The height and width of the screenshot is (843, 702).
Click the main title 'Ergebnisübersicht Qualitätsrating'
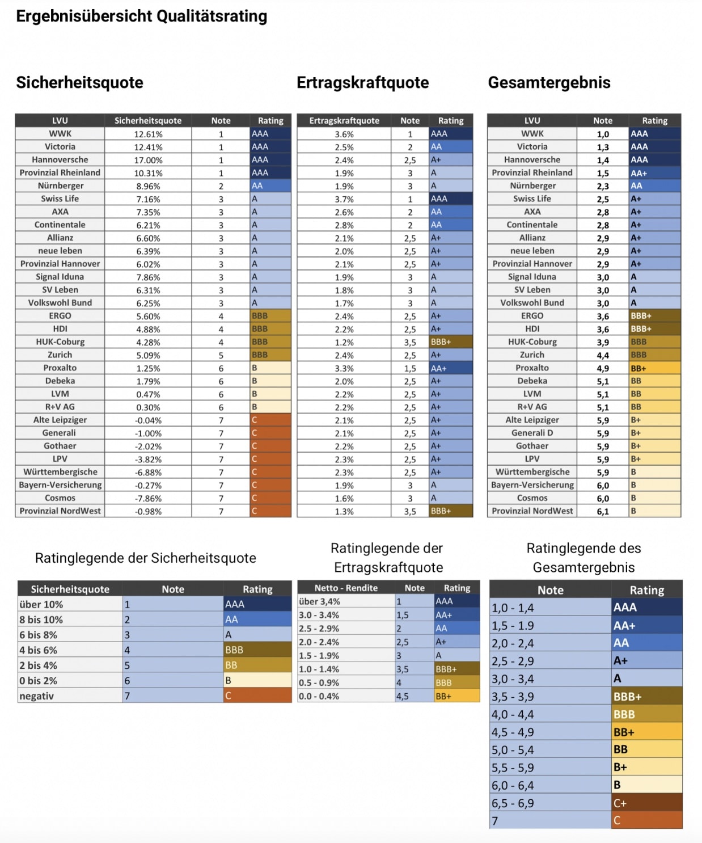click(x=141, y=16)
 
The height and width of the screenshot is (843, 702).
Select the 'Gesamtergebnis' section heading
click(x=548, y=83)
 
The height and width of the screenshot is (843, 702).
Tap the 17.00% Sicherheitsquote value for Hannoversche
click(x=148, y=161)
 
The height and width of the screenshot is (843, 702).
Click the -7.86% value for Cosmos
click(x=148, y=499)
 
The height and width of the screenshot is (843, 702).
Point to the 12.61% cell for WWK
click(x=148, y=134)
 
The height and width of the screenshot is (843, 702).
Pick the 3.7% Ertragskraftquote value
click(x=344, y=199)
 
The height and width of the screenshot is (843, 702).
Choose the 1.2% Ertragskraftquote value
click(x=344, y=343)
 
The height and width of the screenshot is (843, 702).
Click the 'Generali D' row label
click(x=531, y=433)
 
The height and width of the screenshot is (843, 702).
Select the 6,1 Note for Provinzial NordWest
click(x=602, y=511)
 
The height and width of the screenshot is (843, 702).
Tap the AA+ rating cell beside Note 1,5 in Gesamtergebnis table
click(x=654, y=173)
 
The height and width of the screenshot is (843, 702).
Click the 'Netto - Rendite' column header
click(x=346, y=588)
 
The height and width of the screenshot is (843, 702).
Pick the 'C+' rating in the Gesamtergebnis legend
click(x=646, y=803)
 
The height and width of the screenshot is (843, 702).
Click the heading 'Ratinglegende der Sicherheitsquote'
click(x=145, y=558)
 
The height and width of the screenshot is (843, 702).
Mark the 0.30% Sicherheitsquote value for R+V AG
click(x=148, y=407)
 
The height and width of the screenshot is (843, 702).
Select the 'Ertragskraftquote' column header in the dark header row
click(x=344, y=121)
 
